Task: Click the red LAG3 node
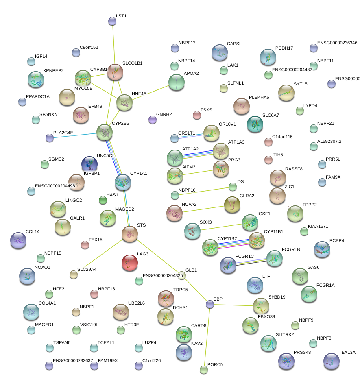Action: [x=130, y=263]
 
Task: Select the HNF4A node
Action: [x=124, y=103]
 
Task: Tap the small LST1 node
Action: [x=112, y=21]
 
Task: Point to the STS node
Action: [x=130, y=234]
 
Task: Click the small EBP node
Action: [x=209, y=304]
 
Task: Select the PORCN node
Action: [x=204, y=369]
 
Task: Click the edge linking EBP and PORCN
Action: [x=207, y=337]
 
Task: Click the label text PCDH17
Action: [x=284, y=48]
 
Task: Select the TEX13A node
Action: [x=331, y=361]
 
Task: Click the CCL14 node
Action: [x=18, y=241]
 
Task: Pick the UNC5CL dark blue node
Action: [x=89, y=164]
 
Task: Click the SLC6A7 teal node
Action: [x=255, y=124]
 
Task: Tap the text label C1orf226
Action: [x=152, y=360]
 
